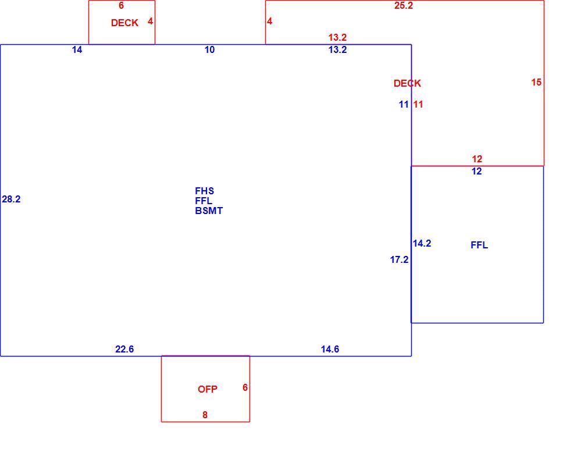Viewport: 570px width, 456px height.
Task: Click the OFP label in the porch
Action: [208, 389]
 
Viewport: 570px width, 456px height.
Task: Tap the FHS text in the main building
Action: [204, 191]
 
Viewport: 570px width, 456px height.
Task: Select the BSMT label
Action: [209, 211]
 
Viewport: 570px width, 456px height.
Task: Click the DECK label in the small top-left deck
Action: [124, 23]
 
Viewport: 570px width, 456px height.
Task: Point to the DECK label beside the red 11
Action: [407, 83]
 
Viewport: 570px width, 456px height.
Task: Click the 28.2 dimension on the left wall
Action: [11, 199]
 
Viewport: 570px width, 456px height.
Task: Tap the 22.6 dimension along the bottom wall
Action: [124, 349]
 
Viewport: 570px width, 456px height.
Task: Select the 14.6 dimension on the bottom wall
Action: [330, 349]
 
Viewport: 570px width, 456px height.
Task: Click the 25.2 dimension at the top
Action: [404, 5]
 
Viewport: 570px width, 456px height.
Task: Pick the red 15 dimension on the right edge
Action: [536, 82]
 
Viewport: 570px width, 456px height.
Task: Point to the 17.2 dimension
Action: [399, 259]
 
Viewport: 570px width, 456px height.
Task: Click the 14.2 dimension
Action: [422, 243]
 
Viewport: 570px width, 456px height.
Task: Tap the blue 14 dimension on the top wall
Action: [77, 49]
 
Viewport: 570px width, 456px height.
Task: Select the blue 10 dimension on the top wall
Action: [210, 49]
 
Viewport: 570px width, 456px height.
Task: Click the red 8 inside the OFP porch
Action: [205, 415]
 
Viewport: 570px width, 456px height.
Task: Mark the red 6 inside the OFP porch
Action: [245, 387]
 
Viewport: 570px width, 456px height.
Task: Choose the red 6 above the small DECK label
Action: [122, 5]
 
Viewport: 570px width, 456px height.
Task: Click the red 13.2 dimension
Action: [337, 37]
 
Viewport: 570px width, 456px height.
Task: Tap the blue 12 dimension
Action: [476, 171]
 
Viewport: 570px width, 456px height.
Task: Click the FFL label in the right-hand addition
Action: [479, 245]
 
